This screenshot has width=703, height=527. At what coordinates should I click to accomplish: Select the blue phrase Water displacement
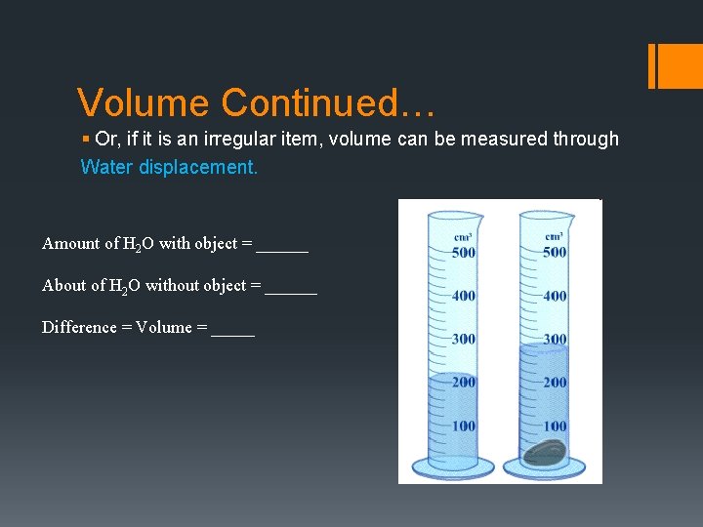tap(169, 167)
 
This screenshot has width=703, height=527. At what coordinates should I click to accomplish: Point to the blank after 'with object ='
tap(282, 245)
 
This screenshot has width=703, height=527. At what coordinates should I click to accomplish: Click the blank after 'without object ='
tap(291, 287)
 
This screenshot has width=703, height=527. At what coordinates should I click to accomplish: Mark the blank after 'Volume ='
tap(232, 329)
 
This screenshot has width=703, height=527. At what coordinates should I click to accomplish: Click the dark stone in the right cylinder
tap(546, 452)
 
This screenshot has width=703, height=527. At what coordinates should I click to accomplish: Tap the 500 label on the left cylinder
tap(464, 252)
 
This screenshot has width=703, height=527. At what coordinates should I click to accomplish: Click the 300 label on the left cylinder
tap(464, 339)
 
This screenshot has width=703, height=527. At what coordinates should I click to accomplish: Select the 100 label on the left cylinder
tap(464, 426)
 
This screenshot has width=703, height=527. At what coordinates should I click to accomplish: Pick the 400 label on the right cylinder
tap(555, 296)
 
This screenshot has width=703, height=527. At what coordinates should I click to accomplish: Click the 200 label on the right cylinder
tap(555, 382)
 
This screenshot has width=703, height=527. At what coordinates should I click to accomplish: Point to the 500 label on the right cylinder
tap(555, 252)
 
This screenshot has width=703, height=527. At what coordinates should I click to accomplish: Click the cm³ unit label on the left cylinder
tap(464, 236)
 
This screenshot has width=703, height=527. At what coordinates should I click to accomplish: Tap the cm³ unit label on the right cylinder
tap(555, 236)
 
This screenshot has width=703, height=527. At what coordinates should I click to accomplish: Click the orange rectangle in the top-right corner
tap(675, 65)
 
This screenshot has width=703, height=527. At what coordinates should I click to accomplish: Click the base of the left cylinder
tap(452, 466)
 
